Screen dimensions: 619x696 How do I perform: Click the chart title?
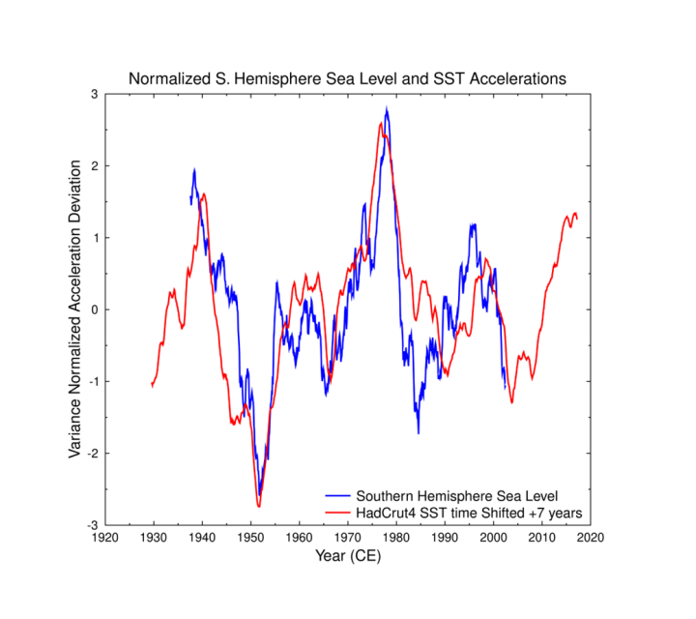(x=347, y=77)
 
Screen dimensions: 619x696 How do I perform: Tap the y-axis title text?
(x=75, y=309)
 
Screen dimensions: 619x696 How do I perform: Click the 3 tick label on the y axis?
(x=94, y=94)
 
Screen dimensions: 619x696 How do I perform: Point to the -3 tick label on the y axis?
(x=92, y=525)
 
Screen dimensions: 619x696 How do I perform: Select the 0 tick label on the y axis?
(x=94, y=309)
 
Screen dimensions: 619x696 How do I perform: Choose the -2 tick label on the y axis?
(x=92, y=454)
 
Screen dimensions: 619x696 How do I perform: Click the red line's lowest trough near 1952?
(x=258, y=506)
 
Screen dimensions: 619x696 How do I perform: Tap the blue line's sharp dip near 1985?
(x=419, y=432)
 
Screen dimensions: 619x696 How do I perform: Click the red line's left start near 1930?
(x=152, y=386)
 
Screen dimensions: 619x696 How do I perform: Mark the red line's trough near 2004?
(x=511, y=402)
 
